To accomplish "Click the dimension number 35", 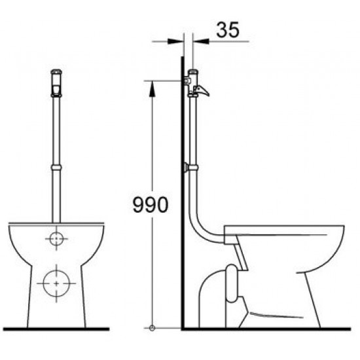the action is pyautogui.click(x=228, y=30).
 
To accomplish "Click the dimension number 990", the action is pyautogui.click(x=151, y=205).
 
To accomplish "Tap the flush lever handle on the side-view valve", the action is pyautogui.click(x=202, y=90).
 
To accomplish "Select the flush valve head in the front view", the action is pyautogui.click(x=56, y=83).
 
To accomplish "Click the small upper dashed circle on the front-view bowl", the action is pyautogui.click(x=56, y=239).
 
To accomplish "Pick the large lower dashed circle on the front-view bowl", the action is pyautogui.click(x=56, y=283).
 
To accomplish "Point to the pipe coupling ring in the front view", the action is pyautogui.click(x=56, y=168).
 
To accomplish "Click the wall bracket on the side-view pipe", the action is pyautogui.click(x=186, y=168).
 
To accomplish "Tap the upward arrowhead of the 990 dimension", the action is pyautogui.click(x=152, y=88).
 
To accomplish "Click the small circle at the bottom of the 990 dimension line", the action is pyautogui.click(x=152, y=328).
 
